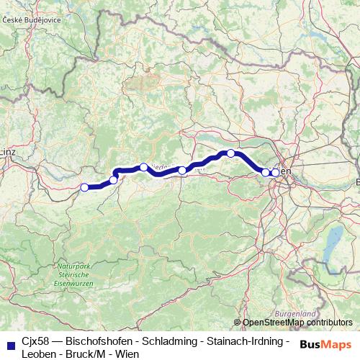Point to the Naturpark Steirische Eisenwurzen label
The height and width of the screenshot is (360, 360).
pos(73,276)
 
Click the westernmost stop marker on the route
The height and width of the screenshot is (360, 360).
pos(84,187)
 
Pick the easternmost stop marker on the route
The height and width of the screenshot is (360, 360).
pos(275,172)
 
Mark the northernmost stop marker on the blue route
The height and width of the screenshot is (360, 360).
pos(230,153)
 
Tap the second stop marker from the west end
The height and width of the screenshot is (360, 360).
pos(113,180)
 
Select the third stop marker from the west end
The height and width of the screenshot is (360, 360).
pos(143,167)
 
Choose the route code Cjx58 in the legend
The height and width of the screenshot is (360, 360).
pos(37,340)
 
